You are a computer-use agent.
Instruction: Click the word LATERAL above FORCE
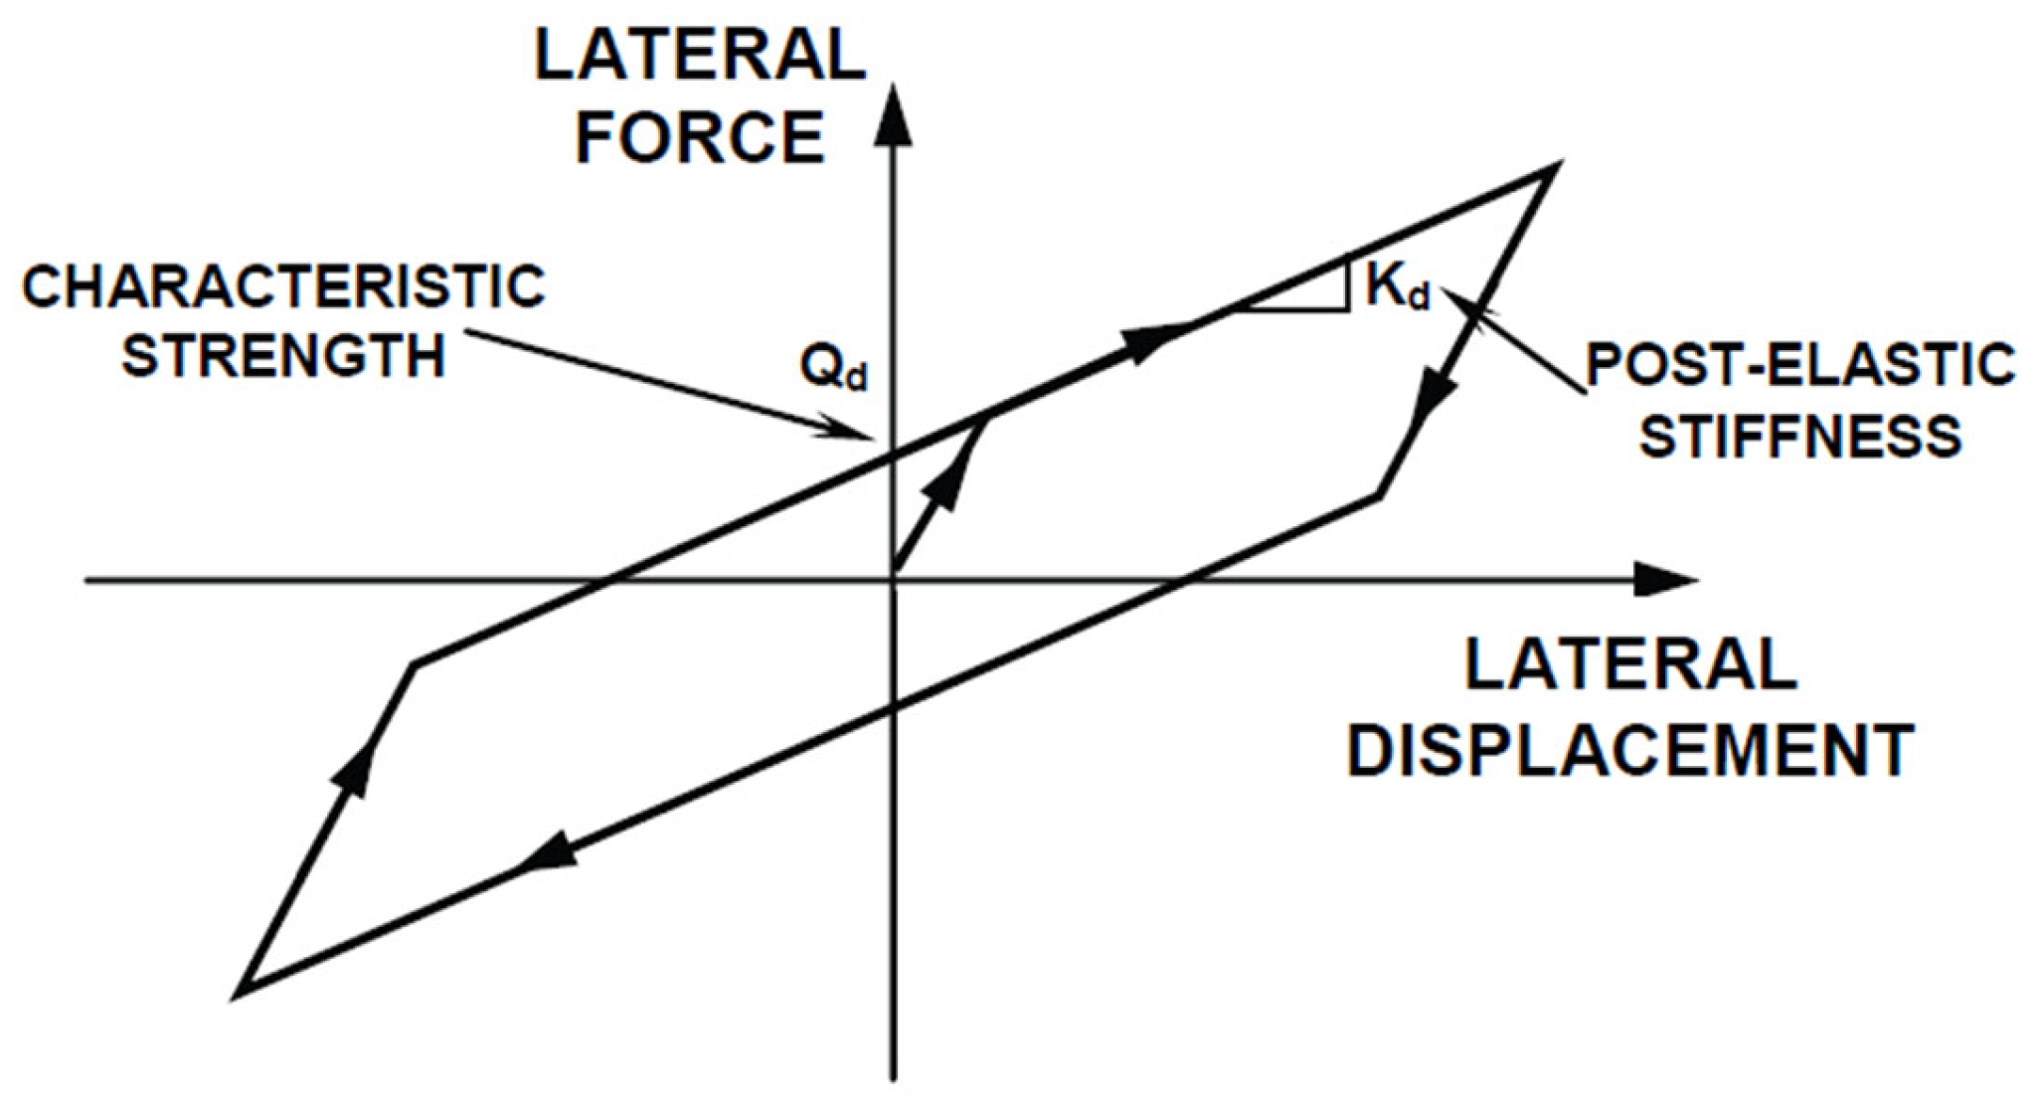[700, 56]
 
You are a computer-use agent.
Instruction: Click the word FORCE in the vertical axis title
[700, 138]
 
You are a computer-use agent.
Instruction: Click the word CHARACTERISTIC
[284, 287]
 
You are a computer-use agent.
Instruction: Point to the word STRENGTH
[284, 355]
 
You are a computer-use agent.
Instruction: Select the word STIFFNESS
[1799, 436]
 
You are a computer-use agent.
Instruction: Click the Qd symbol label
[833, 367]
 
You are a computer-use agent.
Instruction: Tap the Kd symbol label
[1397, 286]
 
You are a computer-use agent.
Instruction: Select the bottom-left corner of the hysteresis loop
[241, 991]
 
